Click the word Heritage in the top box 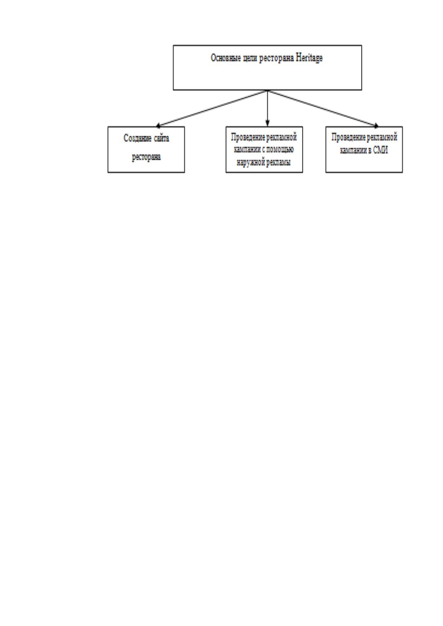pos(309,58)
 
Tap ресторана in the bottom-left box pos(146,157)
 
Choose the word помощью pos(280,150)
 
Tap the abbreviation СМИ pos(381,150)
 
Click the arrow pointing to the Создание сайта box pos(212,109)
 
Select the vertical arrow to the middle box pos(268,108)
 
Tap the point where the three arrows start pos(268,90)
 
